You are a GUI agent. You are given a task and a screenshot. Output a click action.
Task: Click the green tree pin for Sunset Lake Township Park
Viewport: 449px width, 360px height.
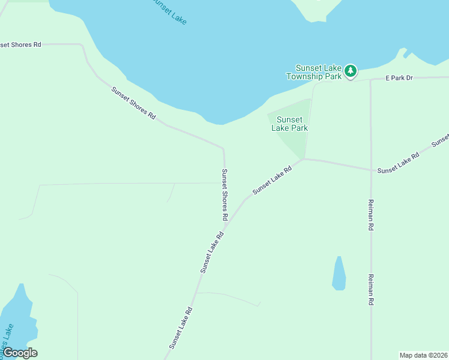pyautogui.click(x=351, y=71)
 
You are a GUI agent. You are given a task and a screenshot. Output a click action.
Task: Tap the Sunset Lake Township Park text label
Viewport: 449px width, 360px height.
pyautogui.click(x=314, y=72)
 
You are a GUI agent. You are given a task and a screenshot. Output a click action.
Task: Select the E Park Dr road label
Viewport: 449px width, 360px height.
pyautogui.click(x=399, y=78)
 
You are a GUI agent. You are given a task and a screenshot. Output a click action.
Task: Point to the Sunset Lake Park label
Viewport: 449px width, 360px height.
pyautogui.click(x=289, y=124)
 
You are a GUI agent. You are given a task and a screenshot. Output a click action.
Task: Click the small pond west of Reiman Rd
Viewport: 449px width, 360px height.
pyautogui.click(x=339, y=274)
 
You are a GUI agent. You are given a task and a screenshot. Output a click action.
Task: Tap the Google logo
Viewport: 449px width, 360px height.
pyautogui.click(x=20, y=353)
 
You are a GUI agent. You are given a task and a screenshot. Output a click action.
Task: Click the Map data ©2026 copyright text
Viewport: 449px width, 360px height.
pyautogui.click(x=424, y=355)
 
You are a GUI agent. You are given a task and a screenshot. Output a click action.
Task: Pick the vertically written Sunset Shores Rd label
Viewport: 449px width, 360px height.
pyautogui.click(x=225, y=193)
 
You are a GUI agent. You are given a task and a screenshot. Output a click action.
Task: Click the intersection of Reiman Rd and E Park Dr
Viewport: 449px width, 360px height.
pyautogui.click(x=370, y=79)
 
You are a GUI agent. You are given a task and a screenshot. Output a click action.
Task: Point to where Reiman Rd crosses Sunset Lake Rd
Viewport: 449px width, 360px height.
pyautogui.click(x=371, y=169)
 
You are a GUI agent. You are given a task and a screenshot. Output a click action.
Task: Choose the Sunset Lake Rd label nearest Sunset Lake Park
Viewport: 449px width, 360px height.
pyautogui.click(x=272, y=180)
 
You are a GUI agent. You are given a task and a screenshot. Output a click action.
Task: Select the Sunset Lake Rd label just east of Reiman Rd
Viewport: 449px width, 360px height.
pyautogui.click(x=398, y=163)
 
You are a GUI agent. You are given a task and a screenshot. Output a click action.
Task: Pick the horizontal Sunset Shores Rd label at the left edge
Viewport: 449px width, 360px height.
pyautogui.click(x=20, y=45)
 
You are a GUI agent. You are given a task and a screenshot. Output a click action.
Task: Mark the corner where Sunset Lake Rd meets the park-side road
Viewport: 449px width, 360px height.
pyautogui.click(x=304, y=159)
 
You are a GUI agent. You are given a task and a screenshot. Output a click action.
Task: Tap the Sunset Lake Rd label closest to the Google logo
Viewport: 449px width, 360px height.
pyautogui.click(x=180, y=328)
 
